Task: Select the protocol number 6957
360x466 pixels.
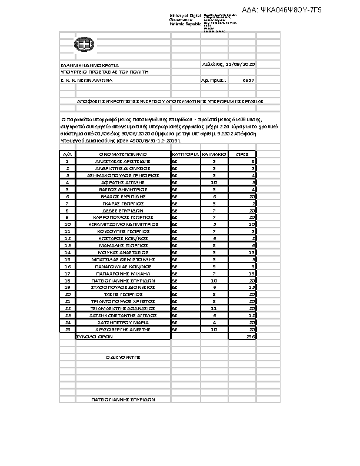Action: [248, 79]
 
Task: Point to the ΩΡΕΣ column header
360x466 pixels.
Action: [242, 154]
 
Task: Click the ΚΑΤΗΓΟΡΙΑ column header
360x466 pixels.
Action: [185, 154]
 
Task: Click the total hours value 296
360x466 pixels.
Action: [250, 337]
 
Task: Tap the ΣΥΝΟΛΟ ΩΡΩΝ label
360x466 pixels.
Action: [94, 337]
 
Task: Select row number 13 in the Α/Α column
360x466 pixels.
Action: [68, 245]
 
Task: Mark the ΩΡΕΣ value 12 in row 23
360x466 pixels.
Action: [251, 315]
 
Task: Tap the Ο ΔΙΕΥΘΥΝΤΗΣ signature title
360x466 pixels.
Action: [122, 357]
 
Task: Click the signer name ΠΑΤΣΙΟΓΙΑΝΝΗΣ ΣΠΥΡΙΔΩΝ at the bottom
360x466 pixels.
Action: [122, 400]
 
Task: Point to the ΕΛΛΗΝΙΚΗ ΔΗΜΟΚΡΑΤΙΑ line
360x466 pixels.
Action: [90, 65]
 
